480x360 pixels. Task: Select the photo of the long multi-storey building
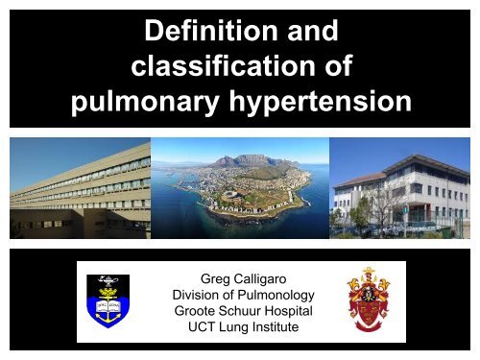80,188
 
